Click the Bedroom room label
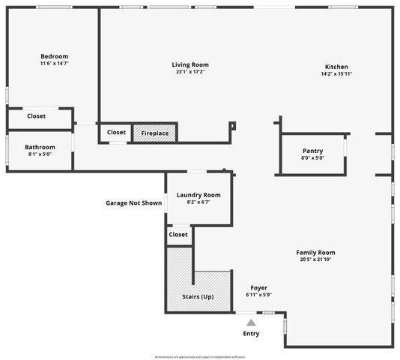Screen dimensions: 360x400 tap(54, 56)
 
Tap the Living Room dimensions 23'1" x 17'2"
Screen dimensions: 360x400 tap(190, 73)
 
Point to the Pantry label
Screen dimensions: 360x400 tap(312, 151)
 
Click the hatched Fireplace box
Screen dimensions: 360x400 tap(155, 133)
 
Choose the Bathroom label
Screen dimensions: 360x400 tap(40, 147)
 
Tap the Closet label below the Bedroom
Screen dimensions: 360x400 tap(36, 116)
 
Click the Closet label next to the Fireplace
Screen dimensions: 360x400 tap(116, 132)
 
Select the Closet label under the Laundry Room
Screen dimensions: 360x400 tap(178, 235)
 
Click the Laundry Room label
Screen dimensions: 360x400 tap(199, 194)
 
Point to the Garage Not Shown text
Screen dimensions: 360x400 tap(133, 202)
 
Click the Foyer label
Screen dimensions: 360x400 tap(258, 288)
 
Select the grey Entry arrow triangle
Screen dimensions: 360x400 tap(252, 322)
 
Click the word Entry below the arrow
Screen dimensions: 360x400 tap(252, 334)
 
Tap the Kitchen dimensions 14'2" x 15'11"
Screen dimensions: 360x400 tap(336, 73)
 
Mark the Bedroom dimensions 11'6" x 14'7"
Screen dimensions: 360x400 tap(54, 64)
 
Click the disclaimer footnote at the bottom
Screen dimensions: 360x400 tap(200, 356)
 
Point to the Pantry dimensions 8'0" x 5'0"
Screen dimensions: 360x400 tap(312, 158)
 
